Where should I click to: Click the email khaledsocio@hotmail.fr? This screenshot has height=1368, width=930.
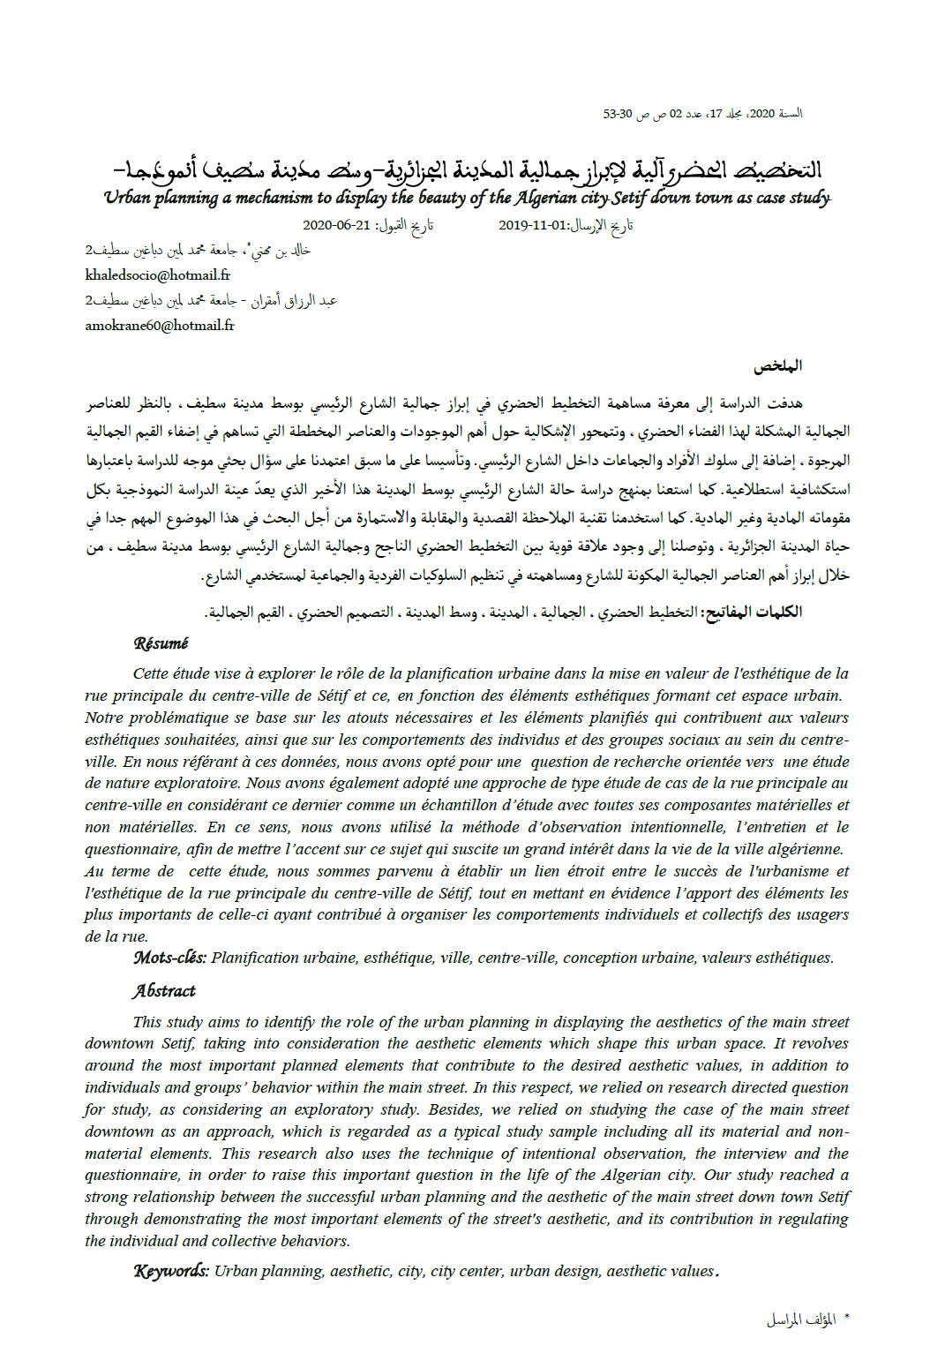tap(158, 275)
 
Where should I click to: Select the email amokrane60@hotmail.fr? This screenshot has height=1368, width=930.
tap(160, 326)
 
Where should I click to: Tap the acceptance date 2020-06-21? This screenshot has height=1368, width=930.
tap(336, 226)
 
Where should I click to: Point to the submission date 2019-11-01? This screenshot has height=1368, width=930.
tap(532, 226)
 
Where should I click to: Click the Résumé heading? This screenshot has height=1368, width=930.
tap(161, 643)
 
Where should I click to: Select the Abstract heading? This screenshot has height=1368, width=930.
tap(164, 991)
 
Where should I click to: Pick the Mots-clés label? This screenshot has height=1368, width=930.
tap(169, 958)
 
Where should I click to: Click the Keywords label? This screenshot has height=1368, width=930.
tap(171, 1271)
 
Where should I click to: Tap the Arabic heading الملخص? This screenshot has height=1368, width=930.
tap(777, 365)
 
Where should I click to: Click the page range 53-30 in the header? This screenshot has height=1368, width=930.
tap(618, 114)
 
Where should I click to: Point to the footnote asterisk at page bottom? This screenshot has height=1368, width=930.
tap(846, 1318)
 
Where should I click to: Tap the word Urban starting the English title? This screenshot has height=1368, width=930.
tap(127, 198)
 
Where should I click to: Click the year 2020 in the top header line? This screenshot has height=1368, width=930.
tap(762, 114)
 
